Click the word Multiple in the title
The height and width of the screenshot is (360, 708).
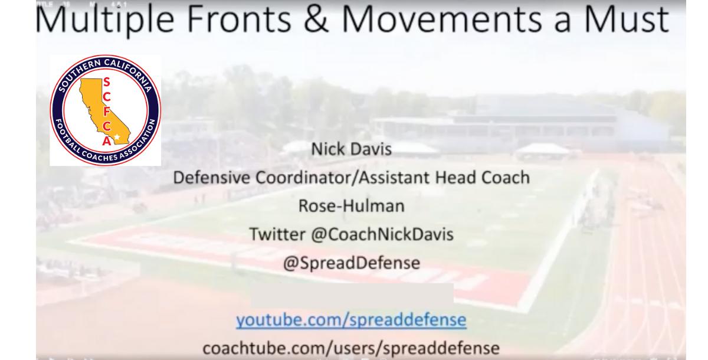click(105, 19)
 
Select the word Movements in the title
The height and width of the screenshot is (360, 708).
click(442, 19)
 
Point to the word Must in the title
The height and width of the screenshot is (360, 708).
click(626, 19)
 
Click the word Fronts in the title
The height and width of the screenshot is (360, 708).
click(238, 19)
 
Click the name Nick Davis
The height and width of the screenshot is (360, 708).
click(352, 149)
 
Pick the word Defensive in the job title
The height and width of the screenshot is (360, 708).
click(211, 177)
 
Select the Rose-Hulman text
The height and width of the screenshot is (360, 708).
click(352, 206)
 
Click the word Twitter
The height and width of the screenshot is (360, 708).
click(277, 234)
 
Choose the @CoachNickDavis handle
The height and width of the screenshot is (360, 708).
click(382, 234)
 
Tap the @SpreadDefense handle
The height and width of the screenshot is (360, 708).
click(352, 263)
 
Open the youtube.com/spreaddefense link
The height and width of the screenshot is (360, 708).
click(351, 319)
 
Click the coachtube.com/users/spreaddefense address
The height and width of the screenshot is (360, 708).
click(351, 348)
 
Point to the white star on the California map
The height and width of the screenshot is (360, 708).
click(117, 137)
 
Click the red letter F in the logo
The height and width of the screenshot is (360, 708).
click(107, 112)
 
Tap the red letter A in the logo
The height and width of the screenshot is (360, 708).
click(107, 140)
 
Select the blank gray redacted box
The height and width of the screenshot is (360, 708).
click(352, 296)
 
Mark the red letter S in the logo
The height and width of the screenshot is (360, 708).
click(107, 82)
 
